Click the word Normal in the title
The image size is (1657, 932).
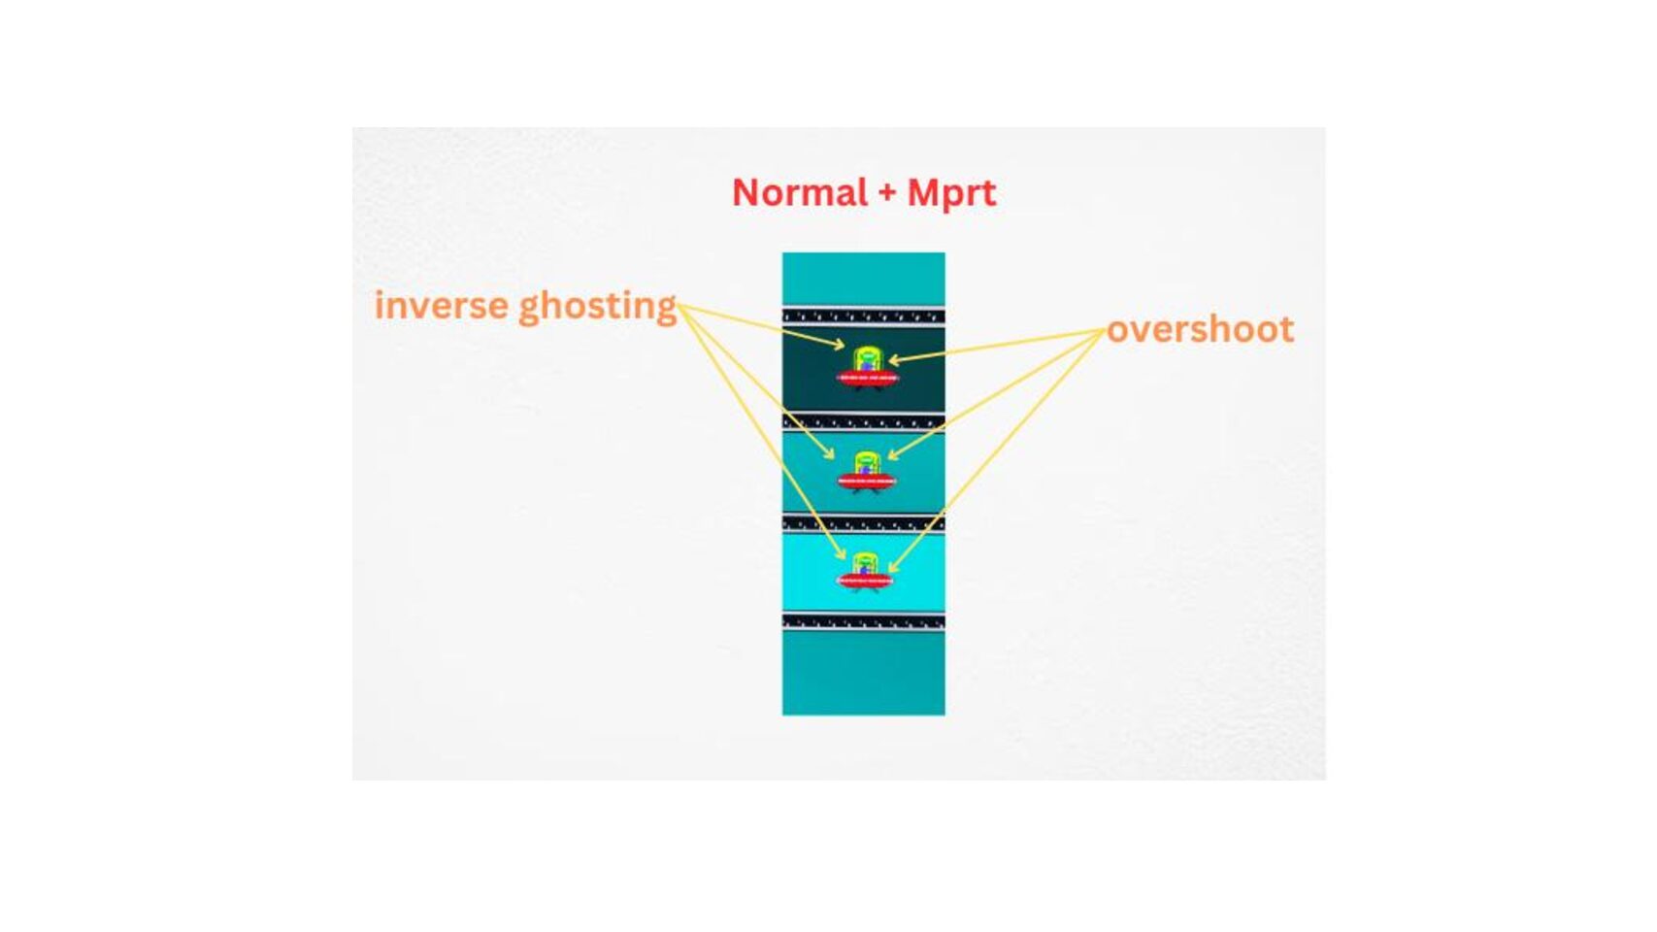click(x=799, y=192)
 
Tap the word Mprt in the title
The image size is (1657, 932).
click(x=951, y=194)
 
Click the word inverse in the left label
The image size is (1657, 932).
click(x=441, y=305)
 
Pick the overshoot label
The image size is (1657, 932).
click(x=1200, y=329)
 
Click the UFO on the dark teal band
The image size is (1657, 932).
click(x=867, y=368)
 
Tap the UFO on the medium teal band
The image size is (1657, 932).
click(x=866, y=472)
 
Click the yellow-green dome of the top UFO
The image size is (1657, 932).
click(x=867, y=359)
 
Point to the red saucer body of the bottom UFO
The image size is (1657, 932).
click(x=865, y=581)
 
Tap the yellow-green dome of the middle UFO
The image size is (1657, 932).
click(x=866, y=464)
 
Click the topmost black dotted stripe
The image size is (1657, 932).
click(x=863, y=316)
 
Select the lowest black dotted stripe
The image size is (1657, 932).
click(x=863, y=621)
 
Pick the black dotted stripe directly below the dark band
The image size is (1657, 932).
click(x=863, y=423)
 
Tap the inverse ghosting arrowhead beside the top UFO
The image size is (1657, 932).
click(x=839, y=344)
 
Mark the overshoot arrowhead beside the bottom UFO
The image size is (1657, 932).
click(x=893, y=567)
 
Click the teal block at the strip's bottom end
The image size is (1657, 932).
click(x=863, y=673)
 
